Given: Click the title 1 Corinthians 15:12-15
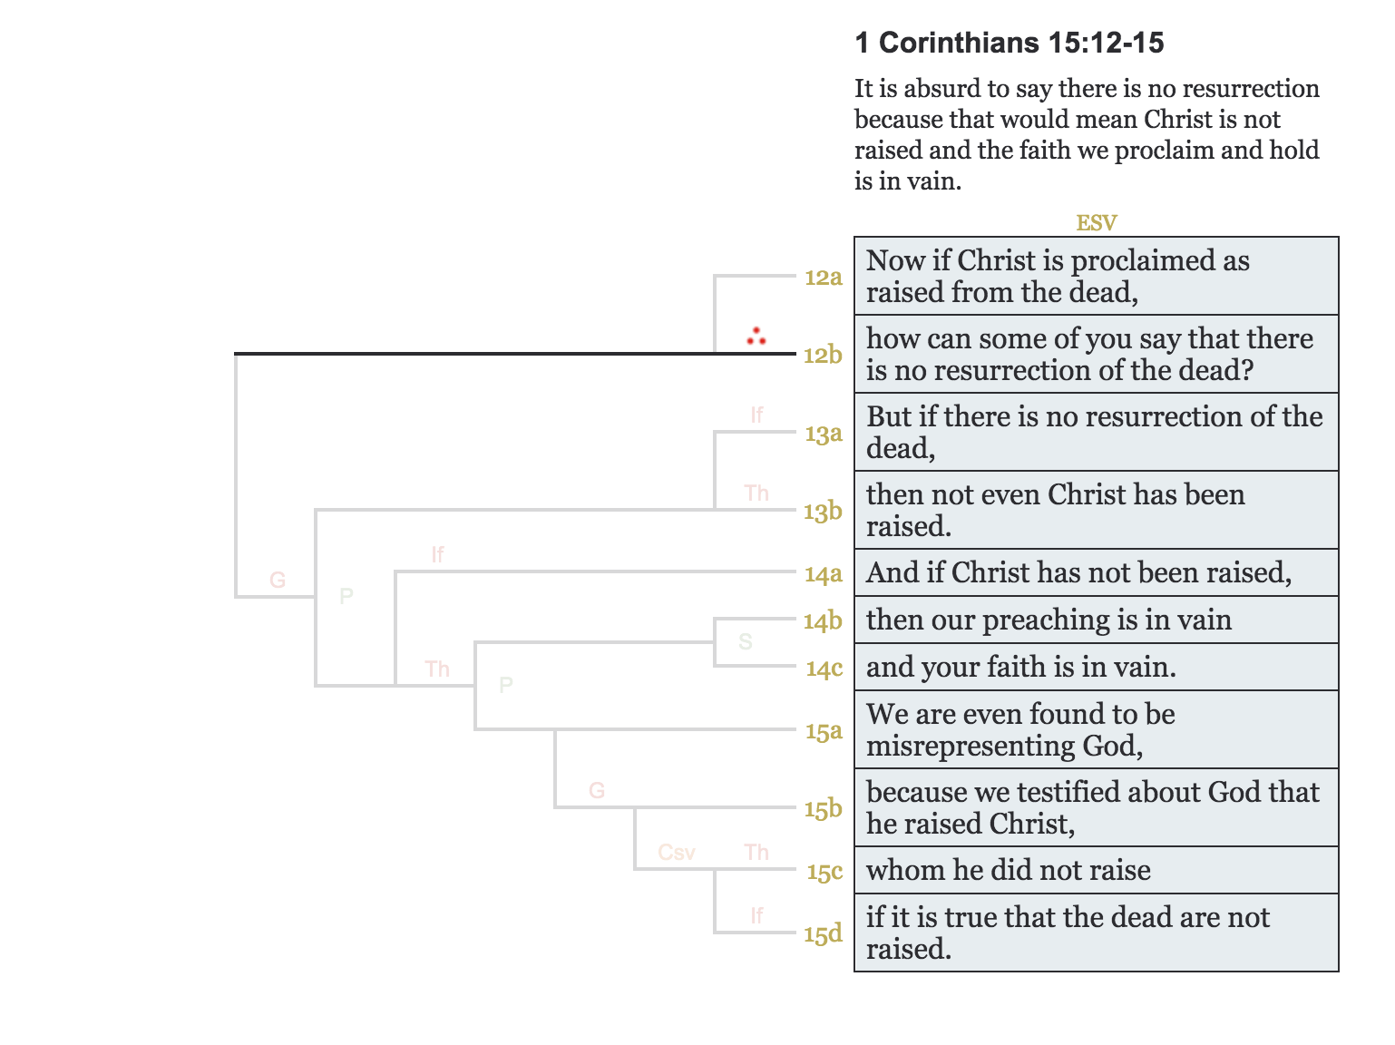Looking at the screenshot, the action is tap(1009, 43).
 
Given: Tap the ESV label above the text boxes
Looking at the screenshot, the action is tap(1096, 222).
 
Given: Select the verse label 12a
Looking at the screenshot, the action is tap(823, 278).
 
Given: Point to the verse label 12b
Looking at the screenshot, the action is tap(823, 355).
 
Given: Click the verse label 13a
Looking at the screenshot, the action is tap(823, 434).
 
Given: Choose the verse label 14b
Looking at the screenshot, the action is tap(823, 621).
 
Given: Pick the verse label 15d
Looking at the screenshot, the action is tap(823, 933).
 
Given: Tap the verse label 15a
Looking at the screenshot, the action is tap(823, 731).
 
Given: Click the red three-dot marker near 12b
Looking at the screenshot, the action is tap(756, 337).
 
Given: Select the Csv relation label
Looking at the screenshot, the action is tap(677, 853).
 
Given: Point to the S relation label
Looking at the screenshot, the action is tap(746, 642).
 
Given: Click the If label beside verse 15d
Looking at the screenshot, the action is tap(756, 916).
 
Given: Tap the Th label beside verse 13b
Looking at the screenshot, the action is tap(756, 493).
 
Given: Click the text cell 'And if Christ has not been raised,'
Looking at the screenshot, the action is tap(1078, 572).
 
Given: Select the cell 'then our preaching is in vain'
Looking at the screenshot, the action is tap(1049, 620).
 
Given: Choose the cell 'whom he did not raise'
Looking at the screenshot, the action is tap(1008, 870).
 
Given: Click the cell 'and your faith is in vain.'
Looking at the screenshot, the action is tap(1020, 667).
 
